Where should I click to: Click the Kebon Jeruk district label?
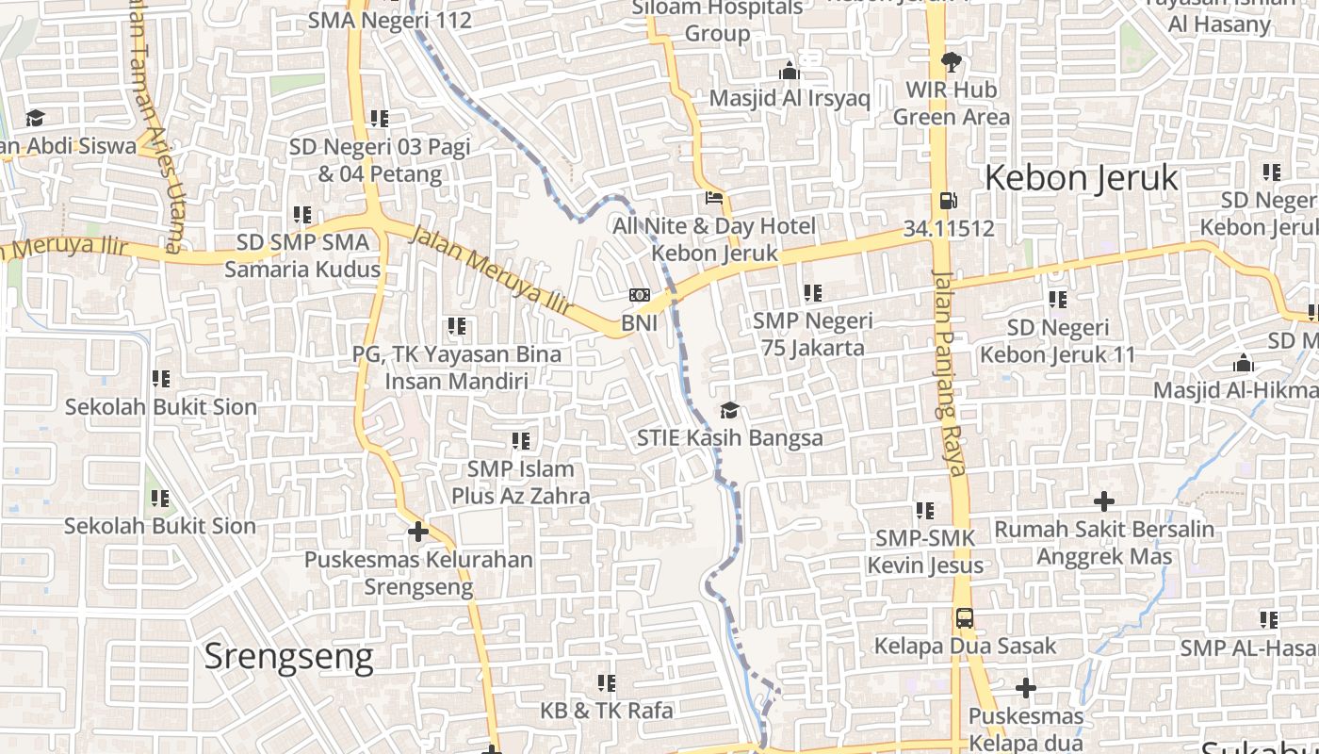1082,178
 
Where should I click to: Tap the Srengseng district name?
288,656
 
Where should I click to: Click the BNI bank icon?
640,296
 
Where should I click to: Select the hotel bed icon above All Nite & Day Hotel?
714,199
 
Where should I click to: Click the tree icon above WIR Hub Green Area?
951,62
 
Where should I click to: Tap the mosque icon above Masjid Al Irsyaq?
790,71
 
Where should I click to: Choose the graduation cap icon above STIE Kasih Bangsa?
729,410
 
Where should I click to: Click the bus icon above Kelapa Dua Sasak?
965,619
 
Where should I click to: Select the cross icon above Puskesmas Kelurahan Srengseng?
418,532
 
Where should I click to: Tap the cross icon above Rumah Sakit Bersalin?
1104,501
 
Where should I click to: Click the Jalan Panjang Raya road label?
949,372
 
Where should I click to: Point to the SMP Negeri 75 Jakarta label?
813,334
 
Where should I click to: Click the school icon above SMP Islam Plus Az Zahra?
521,441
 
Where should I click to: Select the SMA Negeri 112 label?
390,19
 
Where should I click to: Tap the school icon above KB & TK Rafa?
607,682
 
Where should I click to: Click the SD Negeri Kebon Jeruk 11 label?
1058,341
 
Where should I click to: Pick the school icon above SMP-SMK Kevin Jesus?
925,511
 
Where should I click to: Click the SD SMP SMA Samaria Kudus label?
302,255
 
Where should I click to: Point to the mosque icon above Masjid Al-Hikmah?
1244,364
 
